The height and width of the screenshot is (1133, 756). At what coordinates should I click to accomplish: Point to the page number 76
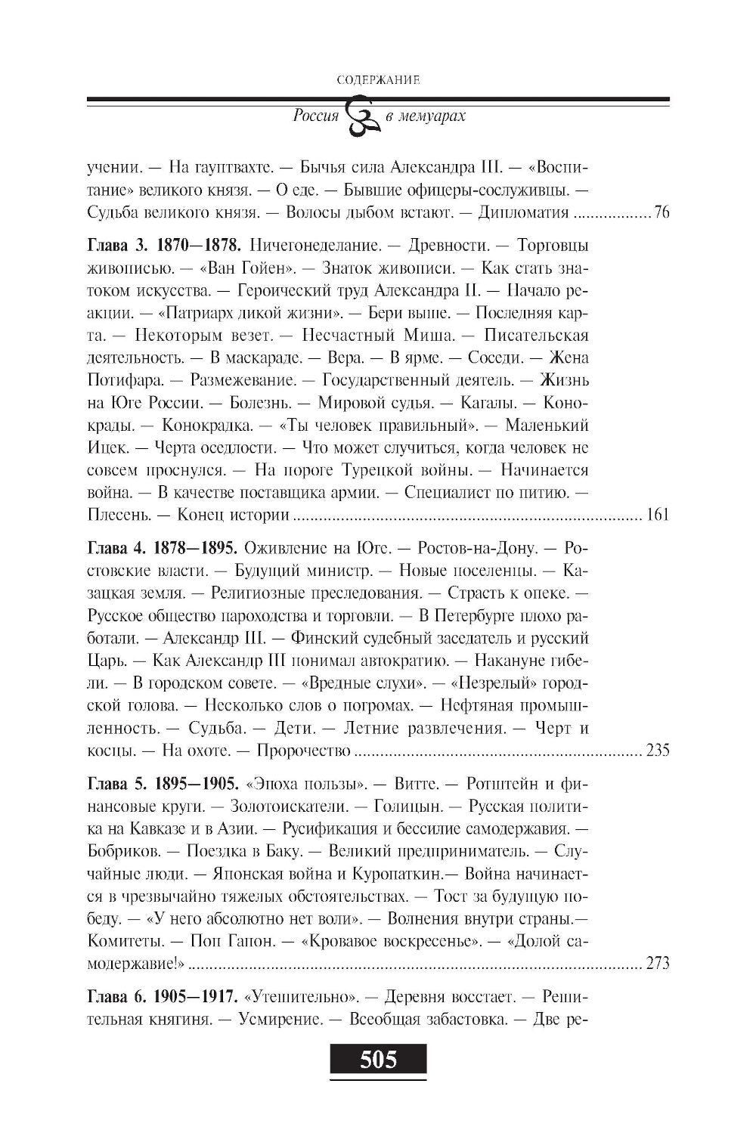click(x=661, y=212)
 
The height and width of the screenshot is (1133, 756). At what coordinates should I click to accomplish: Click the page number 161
click(x=657, y=516)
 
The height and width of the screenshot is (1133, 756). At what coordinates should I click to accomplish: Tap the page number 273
click(x=657, y=964)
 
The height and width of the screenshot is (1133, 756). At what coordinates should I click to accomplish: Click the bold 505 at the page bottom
click(x=378, y=1060)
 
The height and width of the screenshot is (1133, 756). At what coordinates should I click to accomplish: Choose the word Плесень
click(x=114, y=516)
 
